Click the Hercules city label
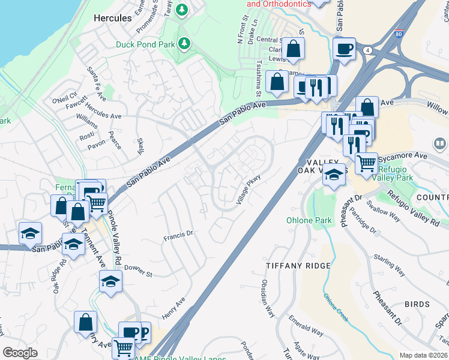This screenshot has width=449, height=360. [x=113, y=18]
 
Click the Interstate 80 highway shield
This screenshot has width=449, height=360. [x=399, y=34]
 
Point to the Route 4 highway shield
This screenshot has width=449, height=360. [x=366, y=50]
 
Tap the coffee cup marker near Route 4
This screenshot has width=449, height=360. [x=344, y=49]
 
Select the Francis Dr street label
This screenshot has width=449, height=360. [x=178, y=236]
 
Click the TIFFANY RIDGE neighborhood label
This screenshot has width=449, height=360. [x=298, y=266]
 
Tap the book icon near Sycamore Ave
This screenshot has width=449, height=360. [x=440, y=144]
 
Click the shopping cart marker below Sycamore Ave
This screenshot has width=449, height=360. [x=366, y=163]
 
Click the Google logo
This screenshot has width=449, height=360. [x=20, y=353]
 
